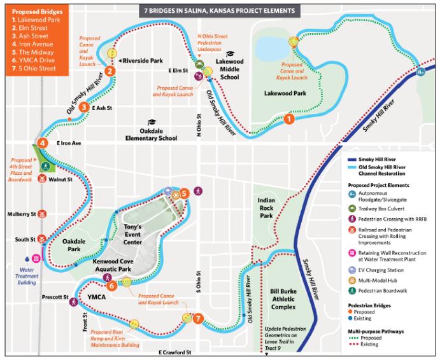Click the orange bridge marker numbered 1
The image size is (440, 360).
pos(290,118)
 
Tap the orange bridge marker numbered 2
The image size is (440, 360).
pos(110,71)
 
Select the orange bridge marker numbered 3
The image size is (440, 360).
pos(84,107)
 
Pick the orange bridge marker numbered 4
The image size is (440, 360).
pos(42,143)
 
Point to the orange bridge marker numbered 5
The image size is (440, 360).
pos(184,192)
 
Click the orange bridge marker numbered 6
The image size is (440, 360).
pos(111,286)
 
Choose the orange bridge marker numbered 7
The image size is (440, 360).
pos(199,319)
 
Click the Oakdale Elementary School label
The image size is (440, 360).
pos(151,134)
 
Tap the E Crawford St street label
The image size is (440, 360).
pos(174,352)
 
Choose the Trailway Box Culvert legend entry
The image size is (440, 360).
pos(386,207)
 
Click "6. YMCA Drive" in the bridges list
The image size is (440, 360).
pos(28,59)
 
